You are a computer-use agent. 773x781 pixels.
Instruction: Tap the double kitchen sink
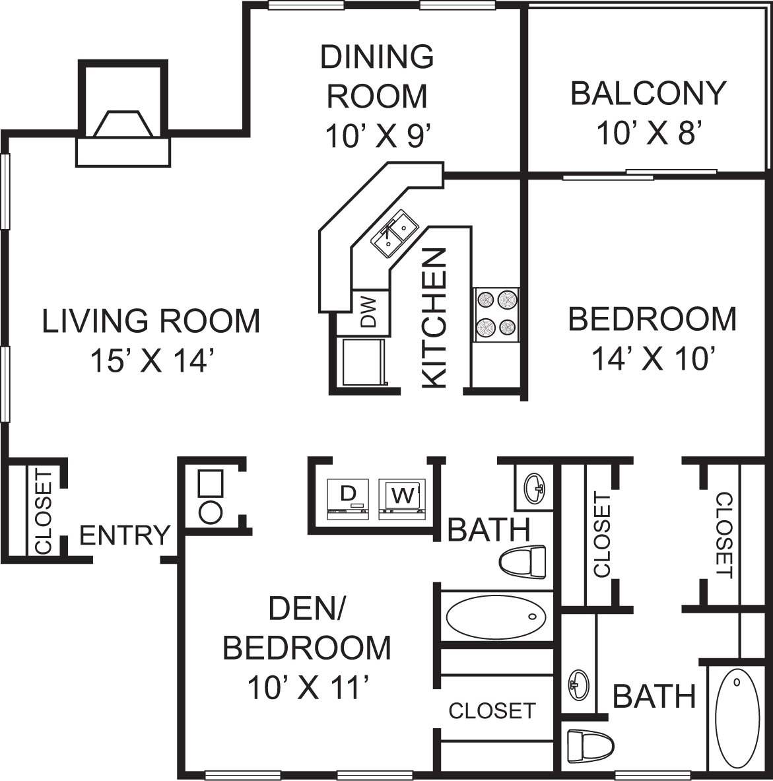pyautogui.click(x=395, y=234)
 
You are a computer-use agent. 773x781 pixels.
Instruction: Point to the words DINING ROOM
pyautogui.click(x=377, y=76)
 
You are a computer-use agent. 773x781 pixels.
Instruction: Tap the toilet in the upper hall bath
pyautogui.click(x=523, y=563)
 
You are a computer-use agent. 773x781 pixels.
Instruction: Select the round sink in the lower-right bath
pyautogui.click(x=579, y=685)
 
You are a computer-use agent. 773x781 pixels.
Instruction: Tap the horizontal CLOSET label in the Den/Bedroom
pyautogui.click(x=491, y=710)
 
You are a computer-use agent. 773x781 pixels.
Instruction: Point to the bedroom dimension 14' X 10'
pyautogui.click(x=654, y=360)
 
